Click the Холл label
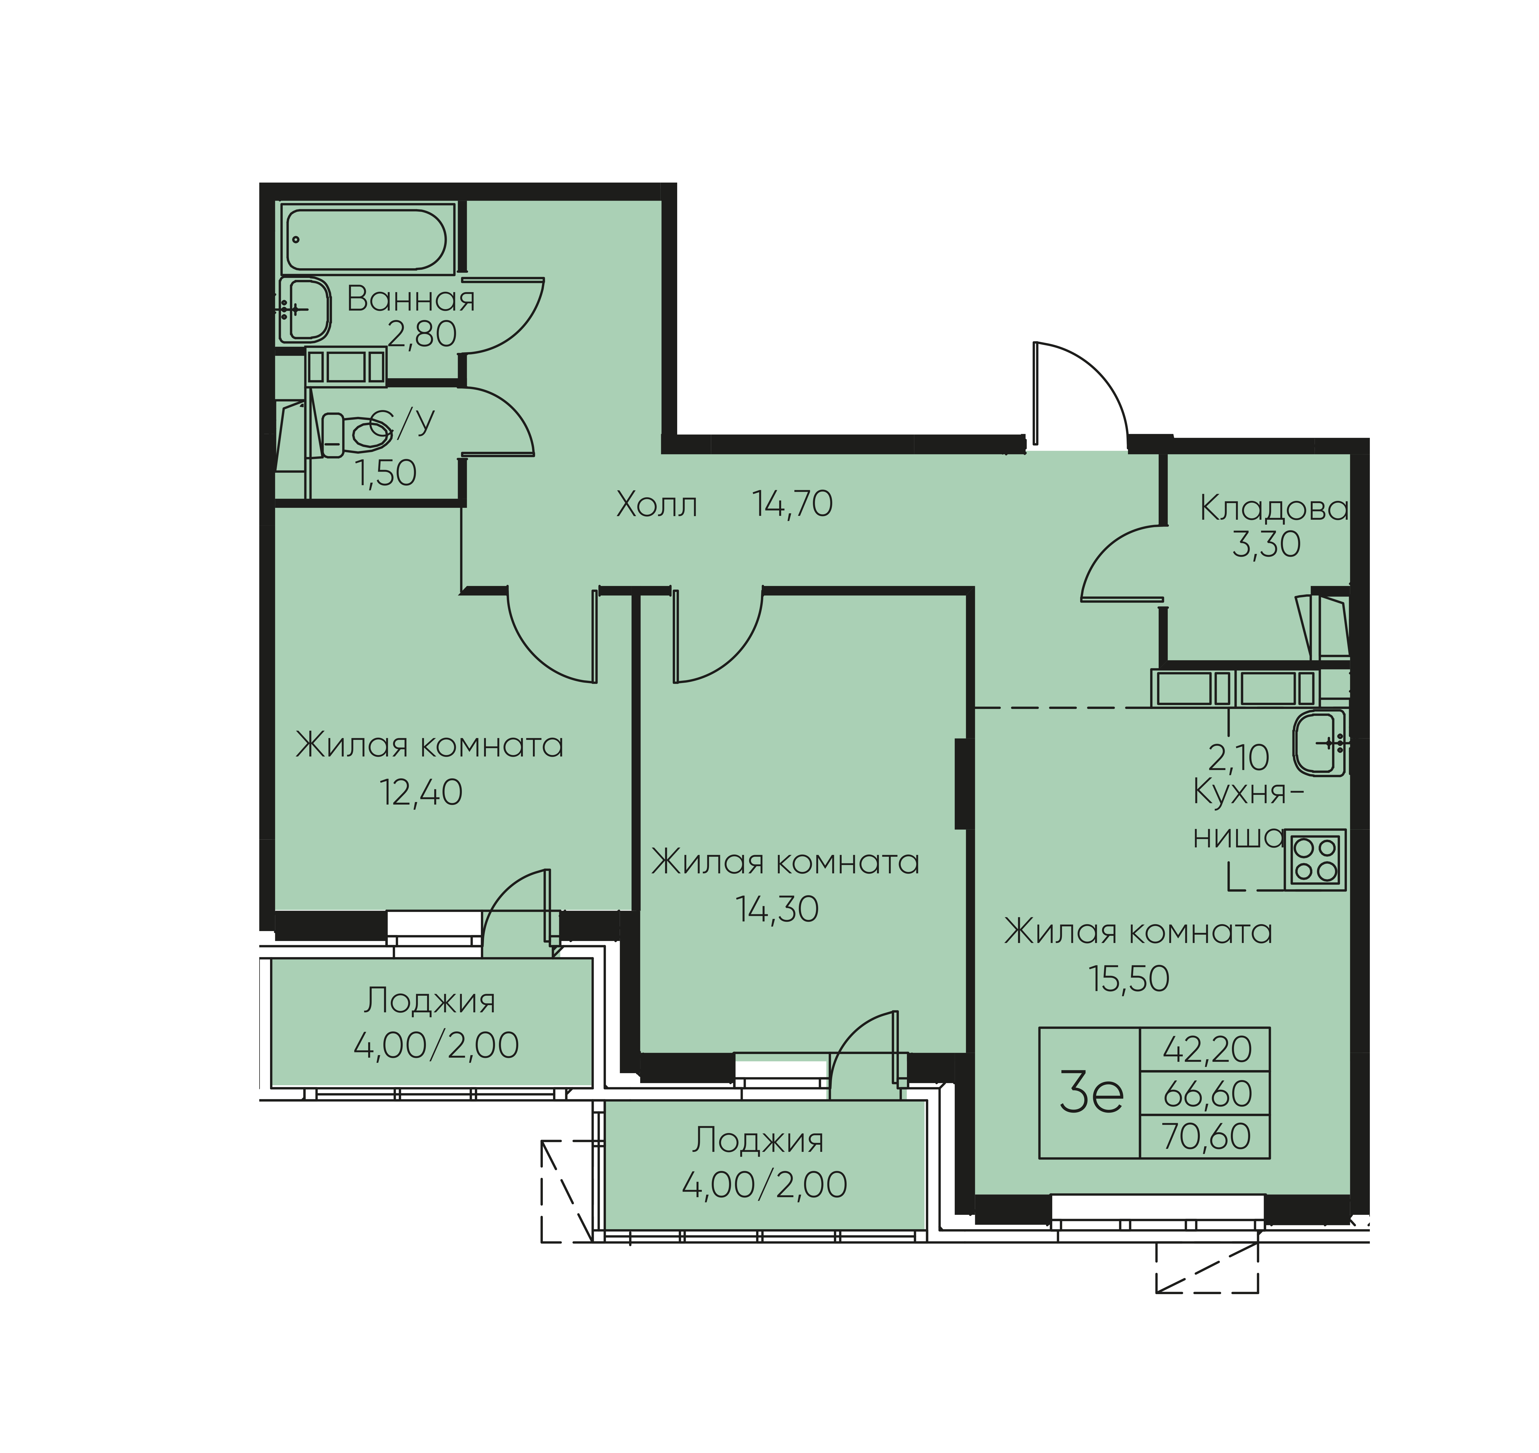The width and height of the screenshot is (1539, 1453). (x=656, y=505)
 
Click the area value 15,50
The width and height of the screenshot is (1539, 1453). (x=1129, y=979)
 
